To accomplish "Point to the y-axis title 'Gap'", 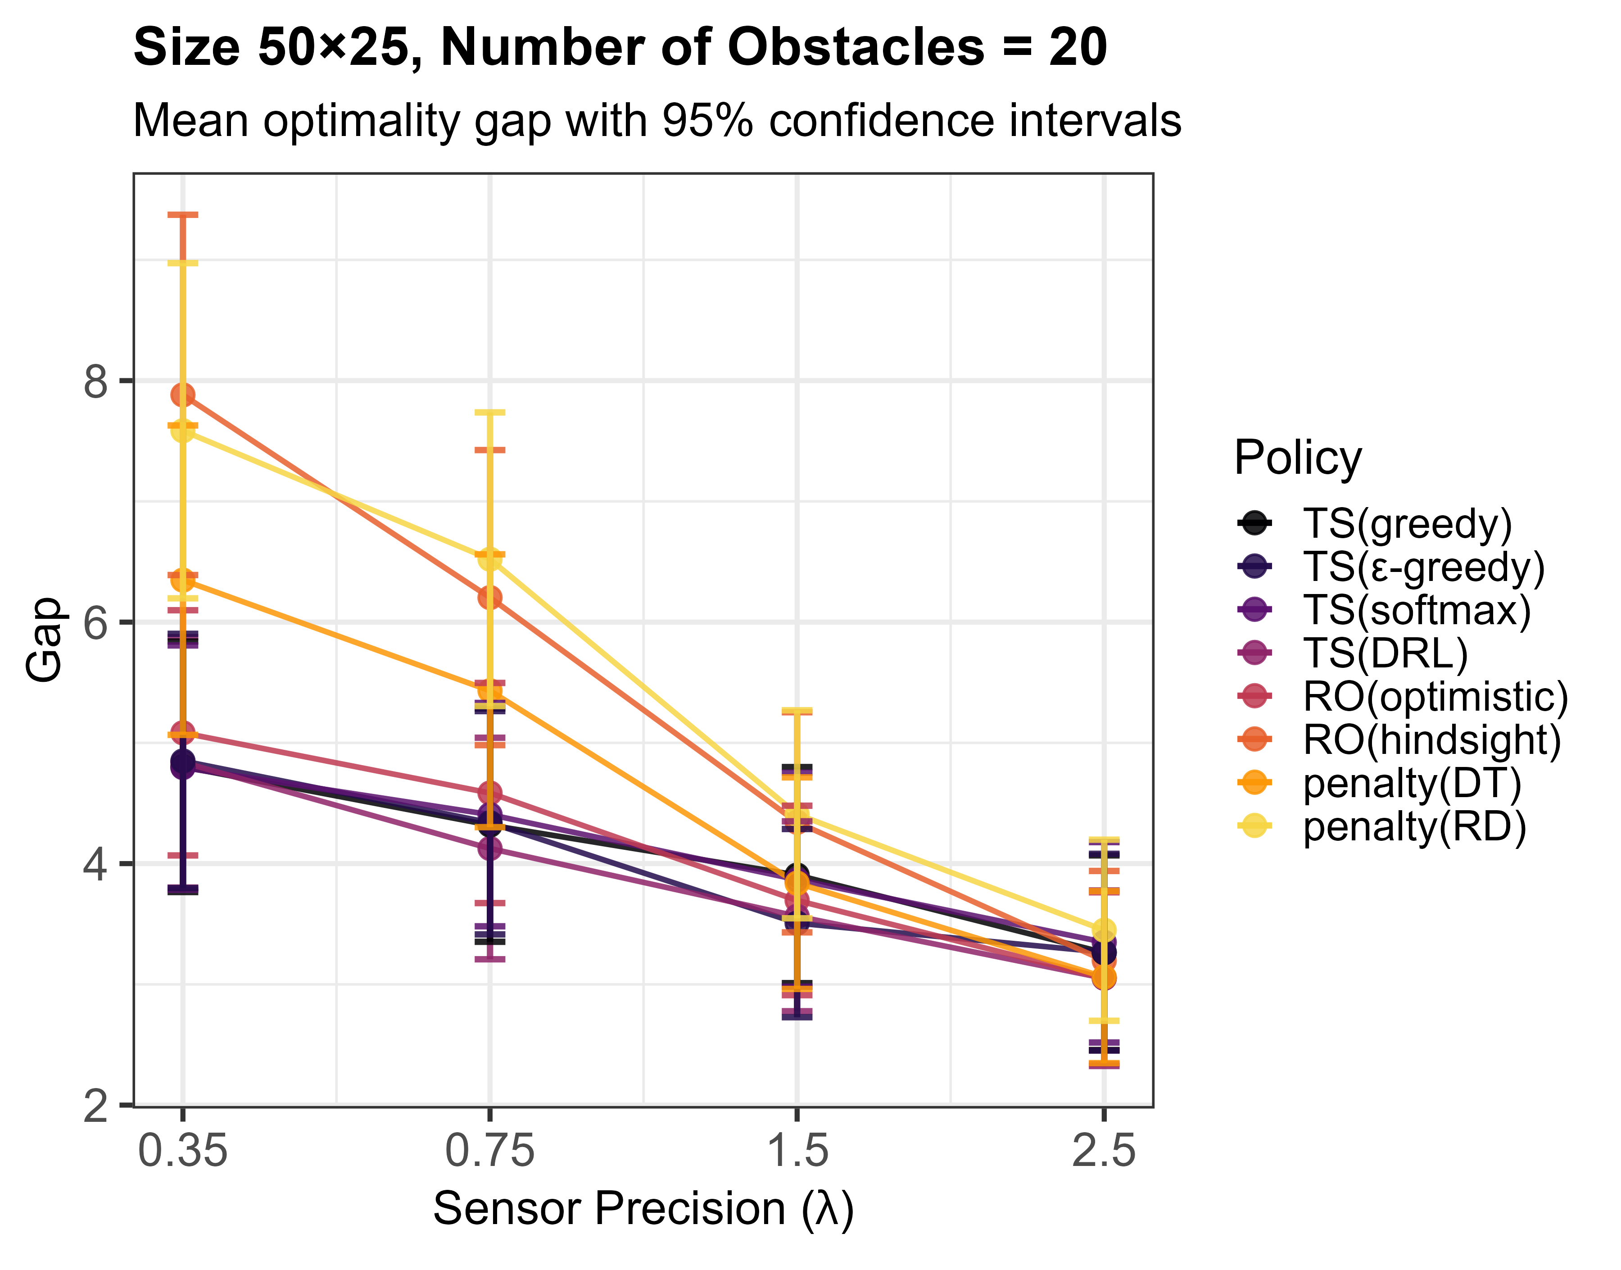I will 43,640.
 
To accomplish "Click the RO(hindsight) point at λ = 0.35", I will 183,395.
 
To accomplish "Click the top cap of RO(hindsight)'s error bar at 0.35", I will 183,215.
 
